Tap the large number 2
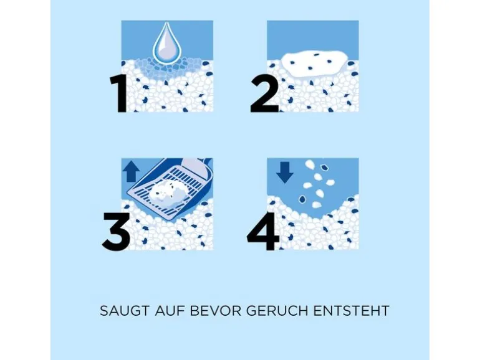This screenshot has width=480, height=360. [x=264, y=93]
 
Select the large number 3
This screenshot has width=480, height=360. [x=117, y=231]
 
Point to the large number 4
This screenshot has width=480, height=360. [x=263, y=231]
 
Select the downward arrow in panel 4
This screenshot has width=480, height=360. [x=285, y=173]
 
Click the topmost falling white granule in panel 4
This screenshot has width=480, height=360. [x=310, y=164]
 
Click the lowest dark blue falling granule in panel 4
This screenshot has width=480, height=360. [x=303, y=199]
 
